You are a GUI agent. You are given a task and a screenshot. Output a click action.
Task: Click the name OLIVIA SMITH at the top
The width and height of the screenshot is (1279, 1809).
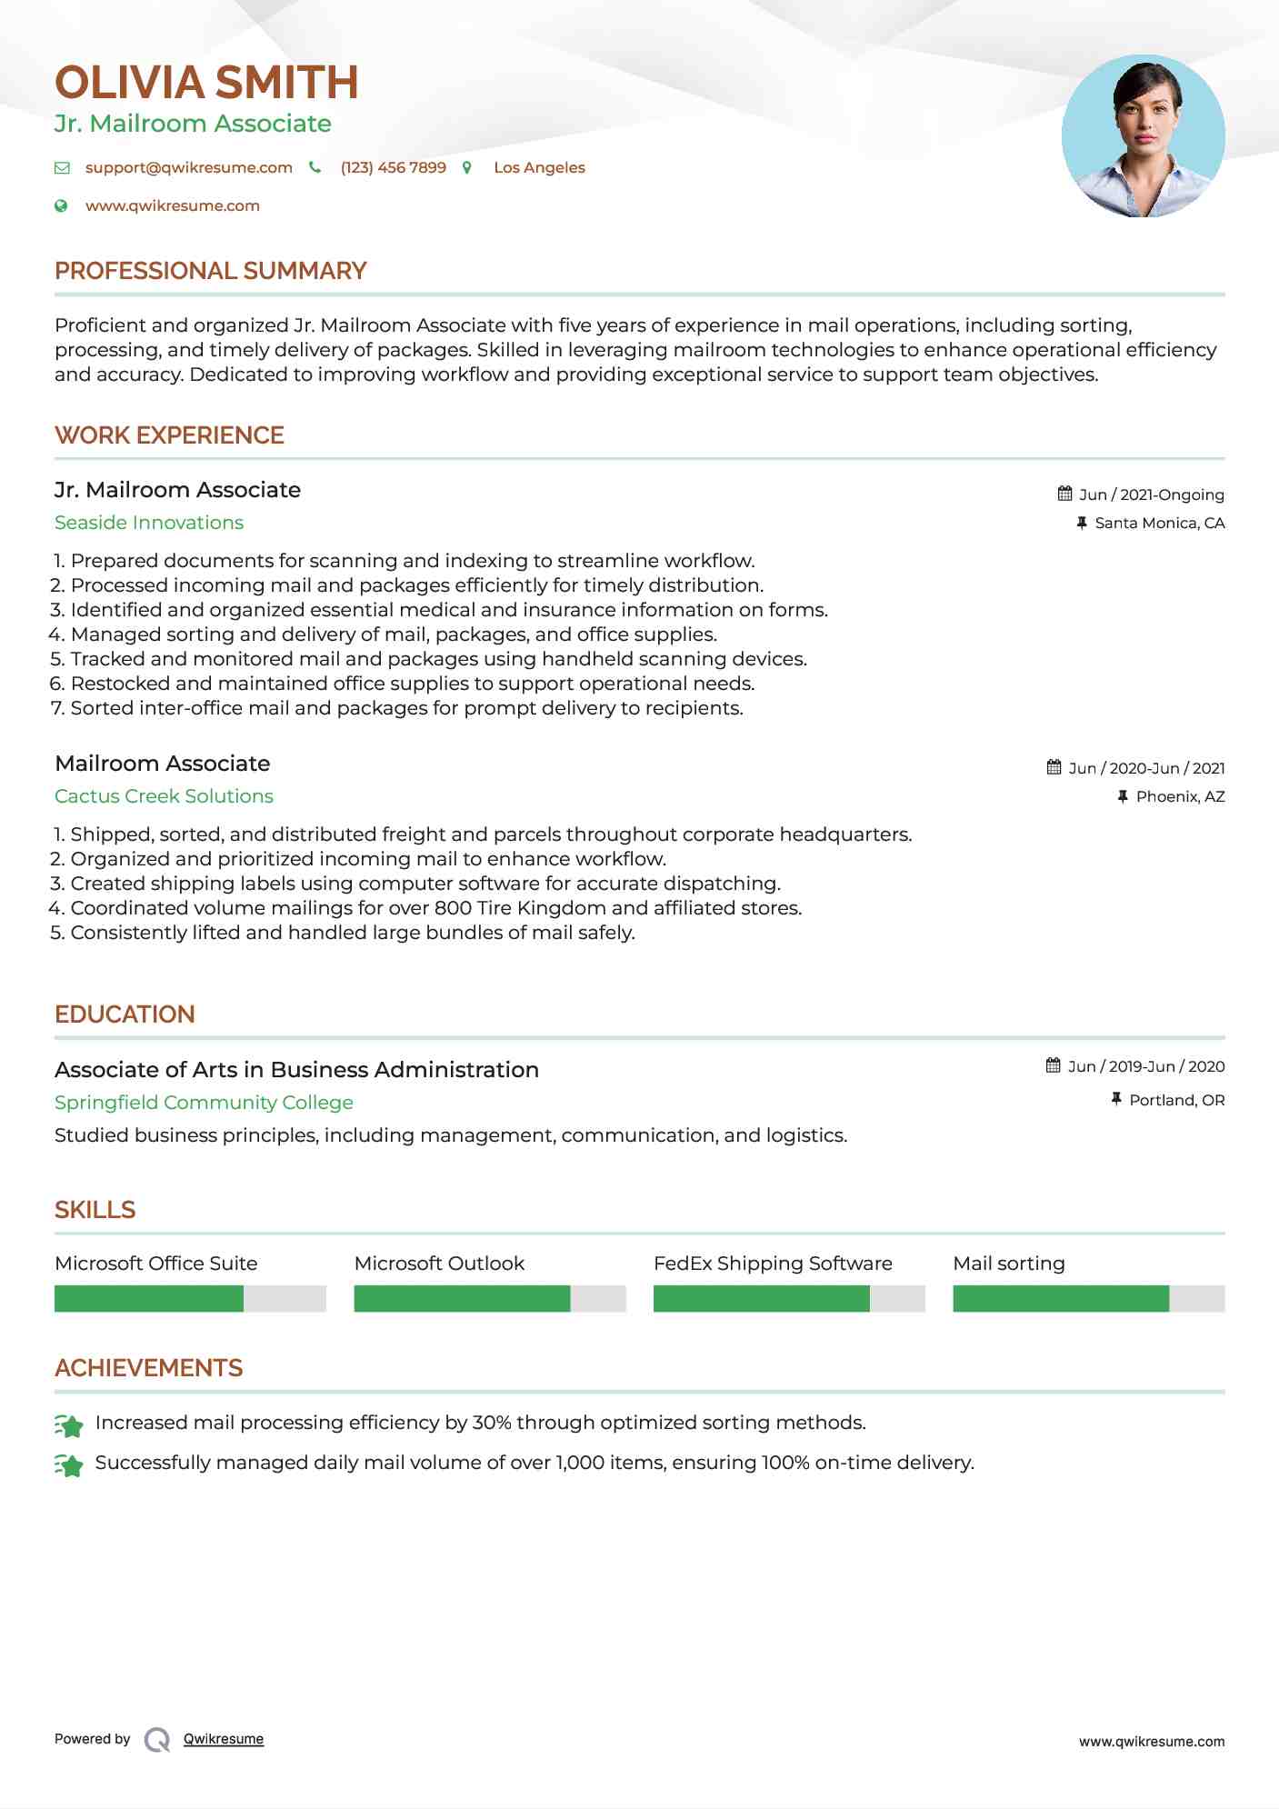pos(206,83)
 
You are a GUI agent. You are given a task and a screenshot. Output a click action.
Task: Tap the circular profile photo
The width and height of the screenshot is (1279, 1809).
pos(1143,136)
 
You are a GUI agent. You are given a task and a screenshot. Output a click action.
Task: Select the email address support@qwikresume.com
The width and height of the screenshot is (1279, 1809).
pos(188,168)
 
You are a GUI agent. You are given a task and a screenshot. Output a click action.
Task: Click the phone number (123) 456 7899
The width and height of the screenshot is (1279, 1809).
pos(393,168)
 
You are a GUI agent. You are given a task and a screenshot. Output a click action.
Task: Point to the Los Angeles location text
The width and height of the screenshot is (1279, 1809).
pos(539,168)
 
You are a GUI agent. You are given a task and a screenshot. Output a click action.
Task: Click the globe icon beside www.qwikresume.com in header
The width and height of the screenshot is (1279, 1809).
pos(61,206)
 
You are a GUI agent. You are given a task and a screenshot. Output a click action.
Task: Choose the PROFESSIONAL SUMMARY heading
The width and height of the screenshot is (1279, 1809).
pos(210,271)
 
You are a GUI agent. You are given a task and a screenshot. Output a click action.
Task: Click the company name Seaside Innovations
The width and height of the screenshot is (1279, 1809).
pos(149,523)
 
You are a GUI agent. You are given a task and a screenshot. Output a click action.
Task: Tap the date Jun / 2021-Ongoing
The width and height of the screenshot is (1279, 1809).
pos(1151,495)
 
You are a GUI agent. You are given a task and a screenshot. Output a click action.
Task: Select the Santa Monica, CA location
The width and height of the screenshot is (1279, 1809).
pos(1159,523)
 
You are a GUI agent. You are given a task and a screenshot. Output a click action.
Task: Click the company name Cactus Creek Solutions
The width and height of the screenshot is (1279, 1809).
pos(164,796)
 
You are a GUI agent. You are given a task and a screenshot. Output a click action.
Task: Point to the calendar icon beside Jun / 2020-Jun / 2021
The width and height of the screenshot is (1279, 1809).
pos(1054,767)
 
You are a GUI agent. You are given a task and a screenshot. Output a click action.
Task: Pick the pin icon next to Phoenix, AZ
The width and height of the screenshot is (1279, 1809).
pos(1123,796)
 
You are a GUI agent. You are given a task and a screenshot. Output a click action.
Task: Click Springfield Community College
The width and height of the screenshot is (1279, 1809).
pos(204,1103)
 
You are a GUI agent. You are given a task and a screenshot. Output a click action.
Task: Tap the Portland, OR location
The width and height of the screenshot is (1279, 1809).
pos(1176,1100)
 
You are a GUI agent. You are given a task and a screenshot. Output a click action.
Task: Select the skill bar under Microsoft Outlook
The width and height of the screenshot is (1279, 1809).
pos(489,1298)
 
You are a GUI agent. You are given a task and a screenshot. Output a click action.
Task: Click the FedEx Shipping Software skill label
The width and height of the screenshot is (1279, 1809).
pos(773,1264)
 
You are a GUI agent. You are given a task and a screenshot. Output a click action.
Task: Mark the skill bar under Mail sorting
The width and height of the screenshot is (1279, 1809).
pos(1088,1298)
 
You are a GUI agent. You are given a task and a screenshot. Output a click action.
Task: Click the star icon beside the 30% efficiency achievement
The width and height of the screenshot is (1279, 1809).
pos(69,1425)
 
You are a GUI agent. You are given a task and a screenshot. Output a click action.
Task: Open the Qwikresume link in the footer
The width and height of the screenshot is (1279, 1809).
pos(224,1739)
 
